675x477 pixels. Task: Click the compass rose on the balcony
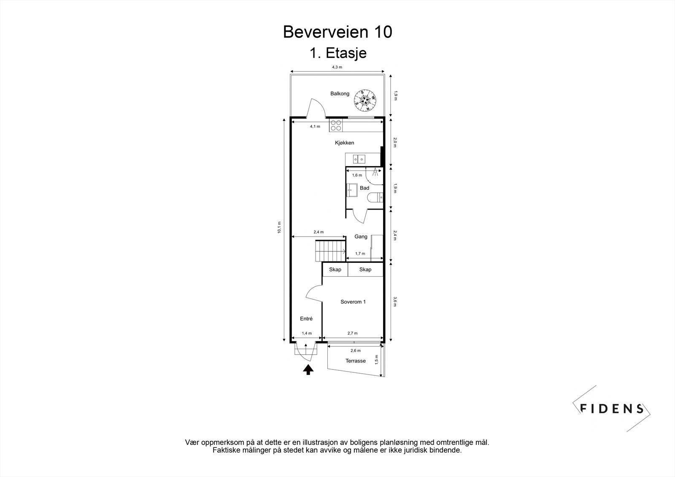pos(364,101)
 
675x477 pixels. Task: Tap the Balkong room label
pos(340,94)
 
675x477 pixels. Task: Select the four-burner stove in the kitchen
pos(336,125)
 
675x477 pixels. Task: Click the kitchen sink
pos(359,159)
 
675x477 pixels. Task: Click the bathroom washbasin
pos(352,190)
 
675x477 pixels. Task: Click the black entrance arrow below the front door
pos(308,370)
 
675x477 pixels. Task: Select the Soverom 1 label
pos(353,302)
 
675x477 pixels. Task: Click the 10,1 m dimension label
pos(279,227)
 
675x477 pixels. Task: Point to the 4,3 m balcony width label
pos(337,67)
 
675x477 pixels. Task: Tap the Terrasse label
pos(356,361)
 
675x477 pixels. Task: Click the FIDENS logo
pos(611,409)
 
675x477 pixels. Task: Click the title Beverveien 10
pos(337,32)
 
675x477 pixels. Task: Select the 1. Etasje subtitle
pos(338,53)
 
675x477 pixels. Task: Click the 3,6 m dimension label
pos(395,302)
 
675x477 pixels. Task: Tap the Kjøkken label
pos(344,143)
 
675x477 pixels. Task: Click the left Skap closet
pos(335,269)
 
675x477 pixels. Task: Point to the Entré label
pos(306,319)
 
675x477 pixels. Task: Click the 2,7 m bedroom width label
pos(353,333)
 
